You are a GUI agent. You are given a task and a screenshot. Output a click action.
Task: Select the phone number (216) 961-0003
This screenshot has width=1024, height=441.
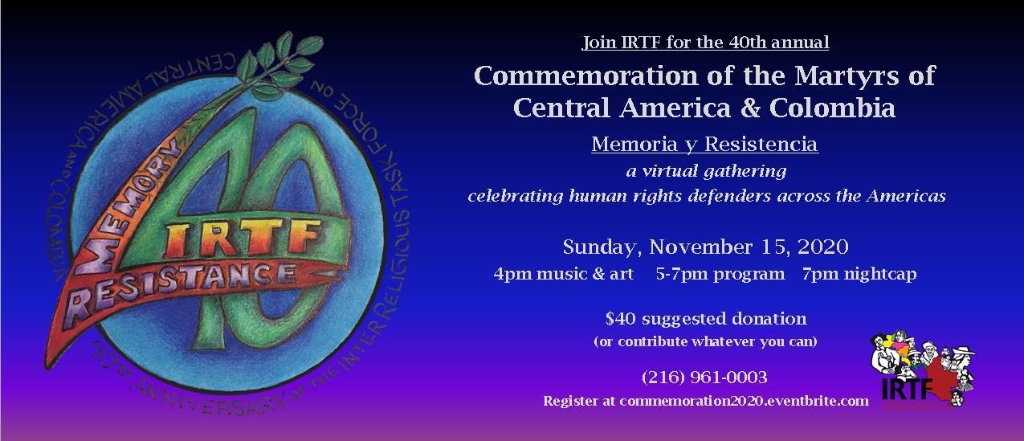[x=704, y=377]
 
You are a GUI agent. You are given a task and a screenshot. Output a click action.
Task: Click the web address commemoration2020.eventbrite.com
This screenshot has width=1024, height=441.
[x=744, y=401]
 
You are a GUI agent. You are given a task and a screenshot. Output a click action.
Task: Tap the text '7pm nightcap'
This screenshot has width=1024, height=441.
[x=859, y=274]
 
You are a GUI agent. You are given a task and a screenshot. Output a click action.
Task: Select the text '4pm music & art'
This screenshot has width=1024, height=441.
[x=564, y=274]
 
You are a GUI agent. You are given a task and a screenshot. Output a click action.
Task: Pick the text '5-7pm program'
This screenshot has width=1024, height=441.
[x=720, y=274]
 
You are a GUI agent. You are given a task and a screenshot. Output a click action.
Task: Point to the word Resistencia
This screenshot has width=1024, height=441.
[x=761, y=144]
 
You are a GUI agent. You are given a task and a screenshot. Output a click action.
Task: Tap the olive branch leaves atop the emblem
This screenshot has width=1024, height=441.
[x=279, y=64]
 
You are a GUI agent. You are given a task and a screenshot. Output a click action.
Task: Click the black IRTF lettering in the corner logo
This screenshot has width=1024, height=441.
[x=907, y=390]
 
